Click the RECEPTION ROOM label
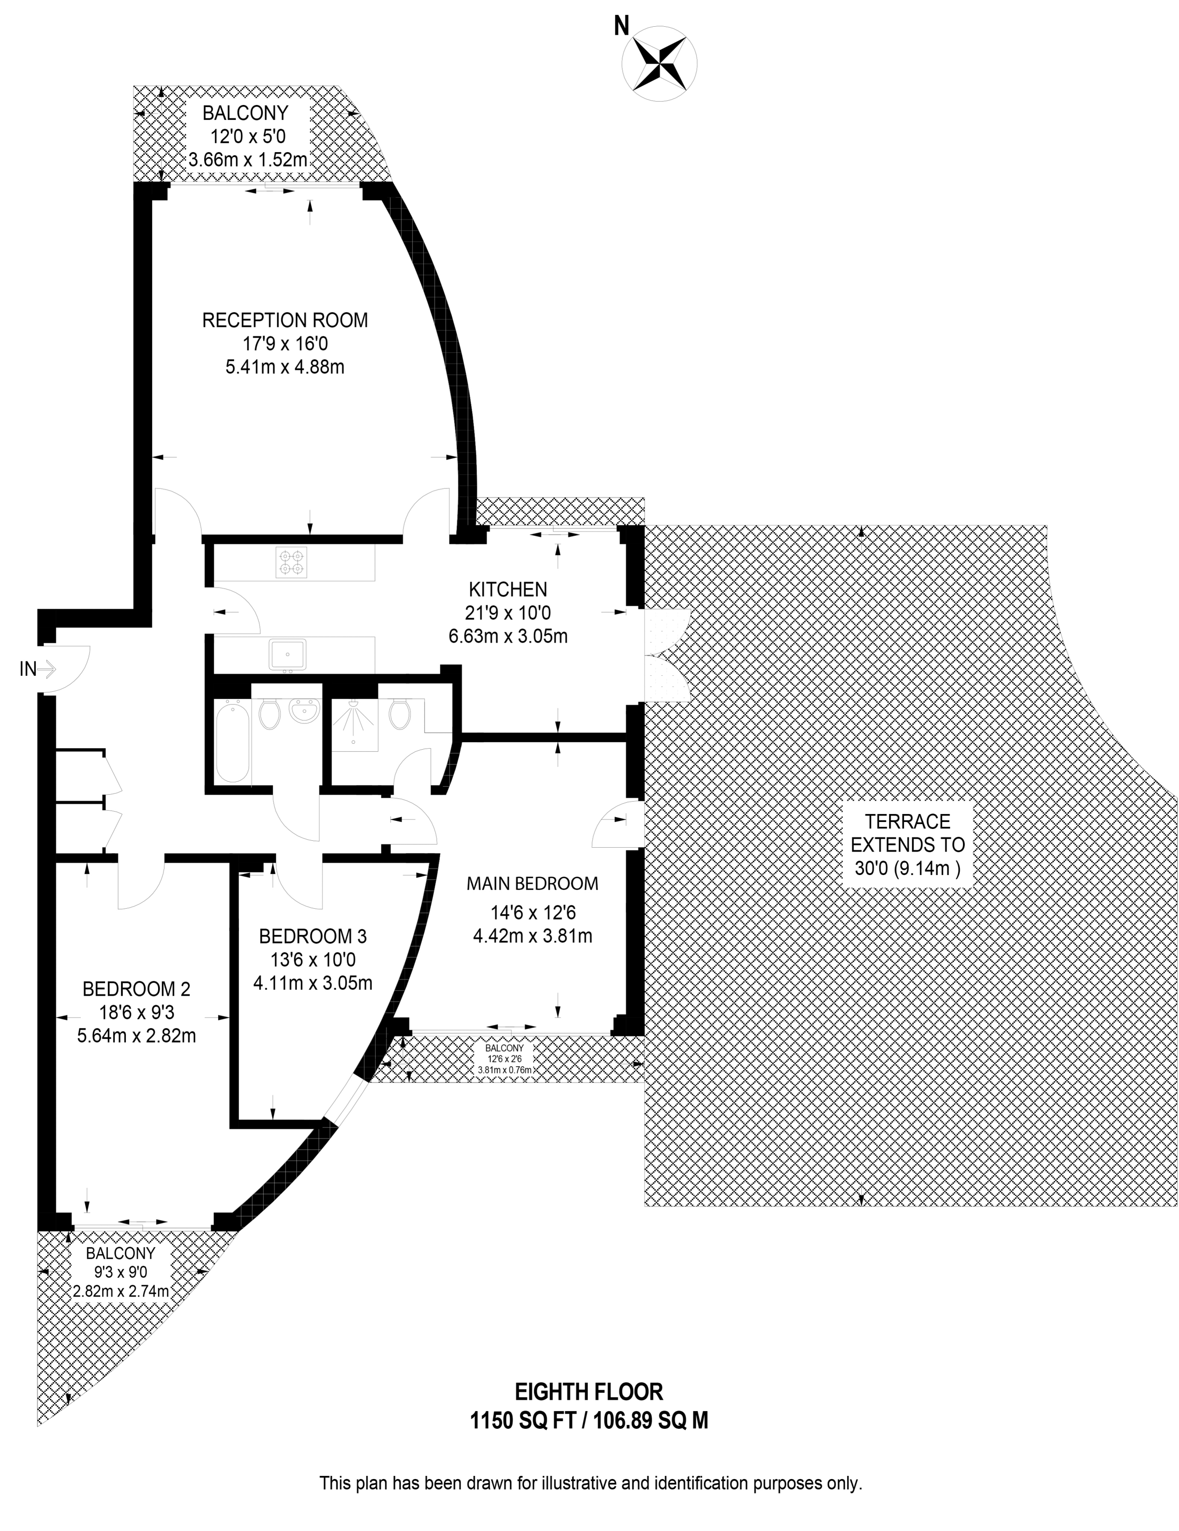point(285,320)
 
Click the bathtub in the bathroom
point(232,742)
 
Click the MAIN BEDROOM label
point(532,883)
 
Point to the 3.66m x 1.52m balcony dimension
point(248,160)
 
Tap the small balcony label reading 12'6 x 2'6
point(504,1059)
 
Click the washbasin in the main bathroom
point(305,714)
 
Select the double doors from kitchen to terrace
point(666,655)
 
